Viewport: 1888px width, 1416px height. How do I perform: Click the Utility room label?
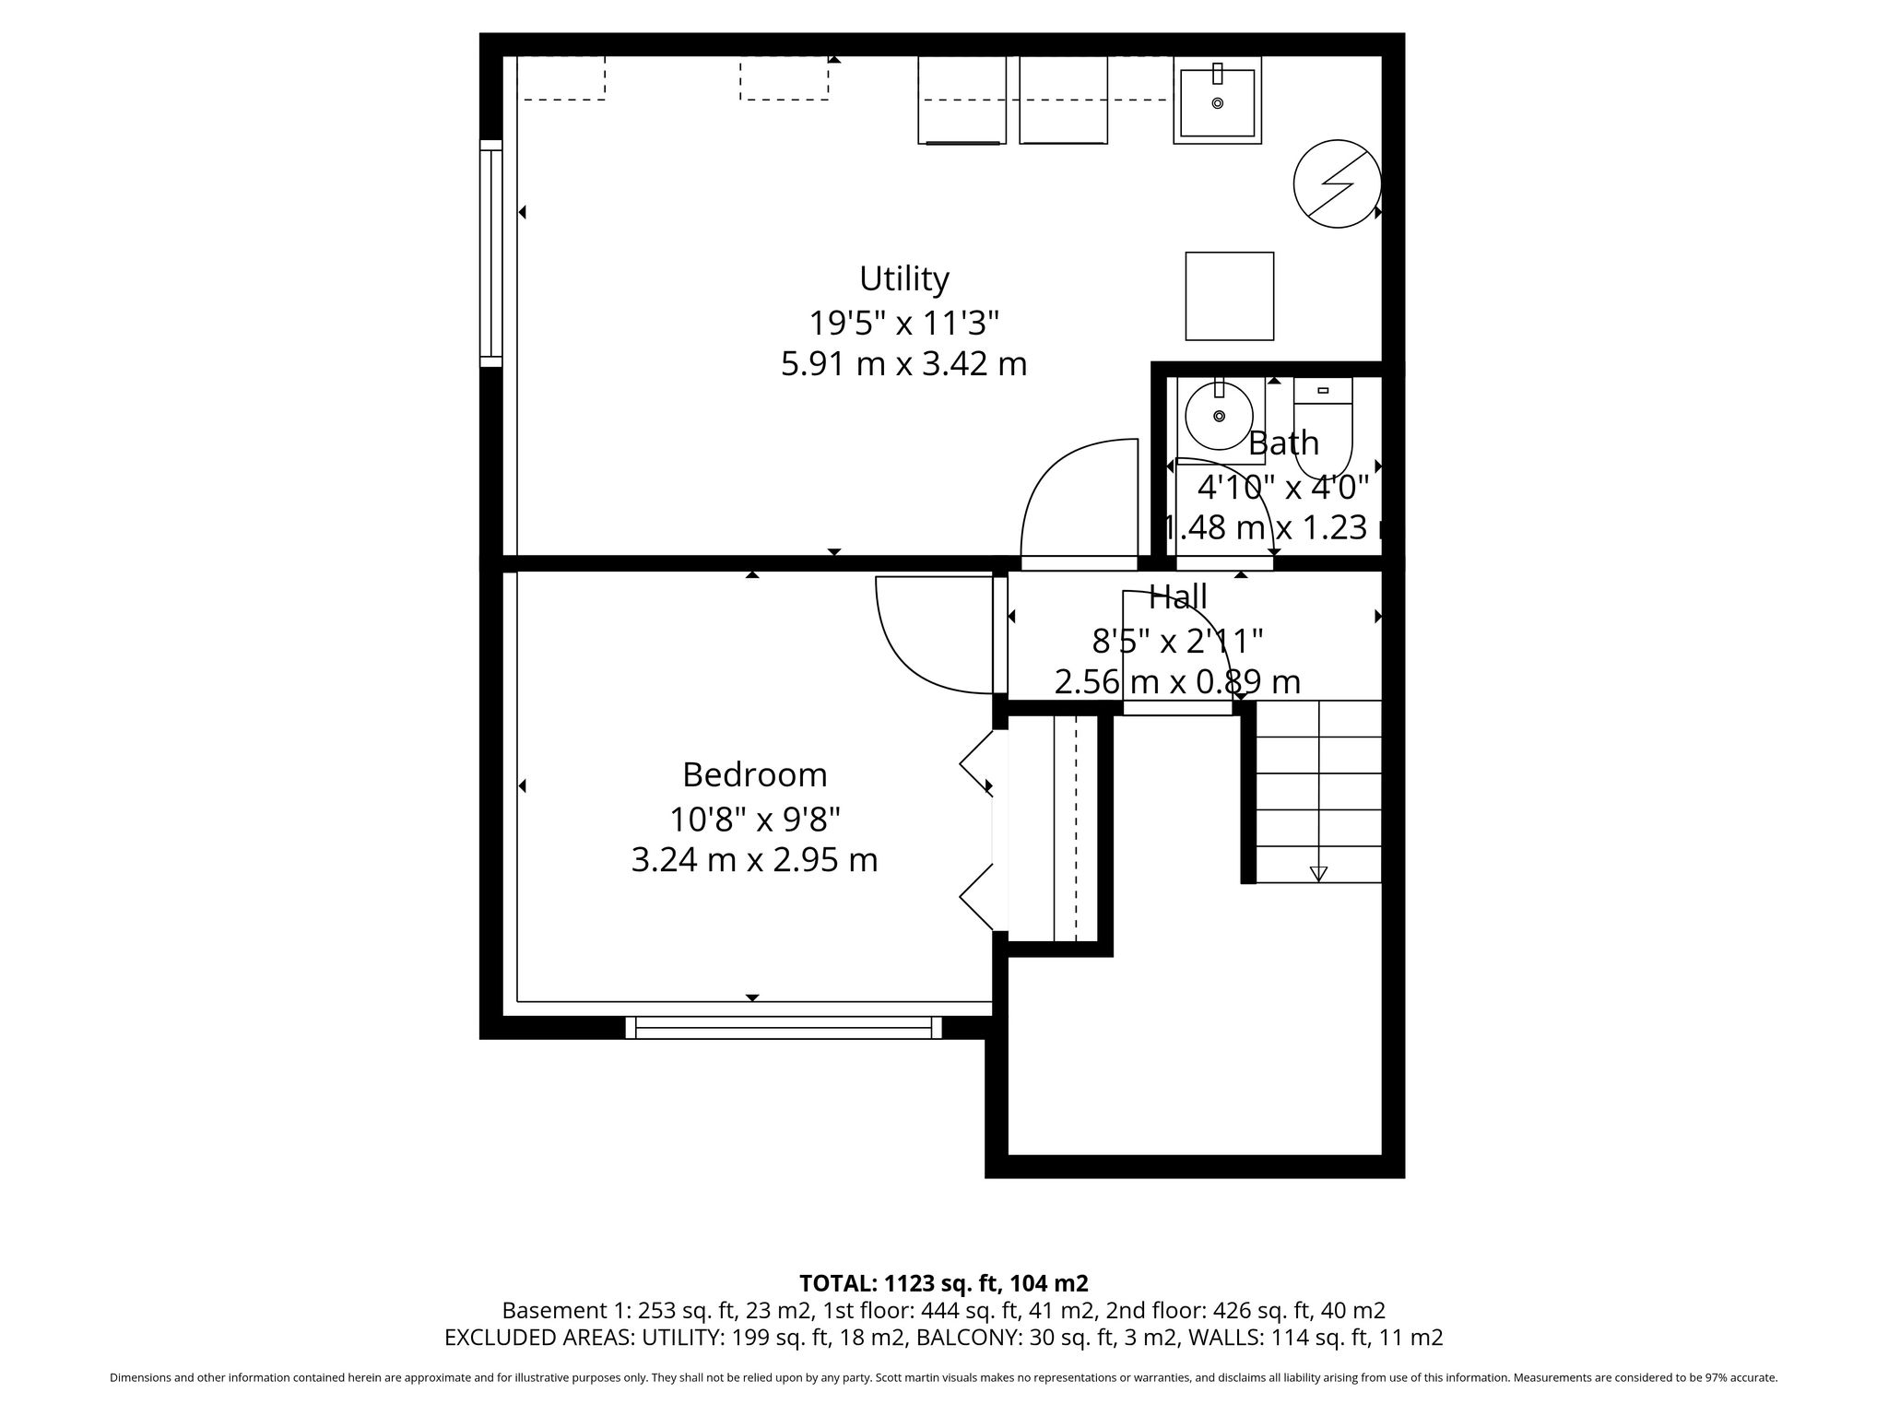[903, 278]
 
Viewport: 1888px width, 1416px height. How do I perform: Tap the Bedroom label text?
[754, 775]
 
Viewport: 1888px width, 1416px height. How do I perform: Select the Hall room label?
[1177, 596]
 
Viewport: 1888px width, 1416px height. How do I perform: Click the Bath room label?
[1283, 443]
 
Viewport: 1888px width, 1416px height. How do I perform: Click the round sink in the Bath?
[1219, 417]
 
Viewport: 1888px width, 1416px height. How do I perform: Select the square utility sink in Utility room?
[1217, 100]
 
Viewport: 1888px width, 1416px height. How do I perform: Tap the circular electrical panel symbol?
[1338, 183]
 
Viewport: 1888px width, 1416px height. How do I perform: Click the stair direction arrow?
[1318, 873]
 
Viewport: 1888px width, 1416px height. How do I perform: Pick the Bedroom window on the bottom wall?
[784, 1027]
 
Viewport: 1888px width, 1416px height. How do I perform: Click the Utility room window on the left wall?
[491, 254]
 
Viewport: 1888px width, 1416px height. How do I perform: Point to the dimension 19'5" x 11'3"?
[903, 324]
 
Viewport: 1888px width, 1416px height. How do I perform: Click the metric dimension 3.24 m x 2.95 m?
[754, 860]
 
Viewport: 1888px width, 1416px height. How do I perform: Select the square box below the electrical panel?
[1230, 296]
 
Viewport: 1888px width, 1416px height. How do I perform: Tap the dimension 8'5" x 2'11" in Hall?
[1177, 640]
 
